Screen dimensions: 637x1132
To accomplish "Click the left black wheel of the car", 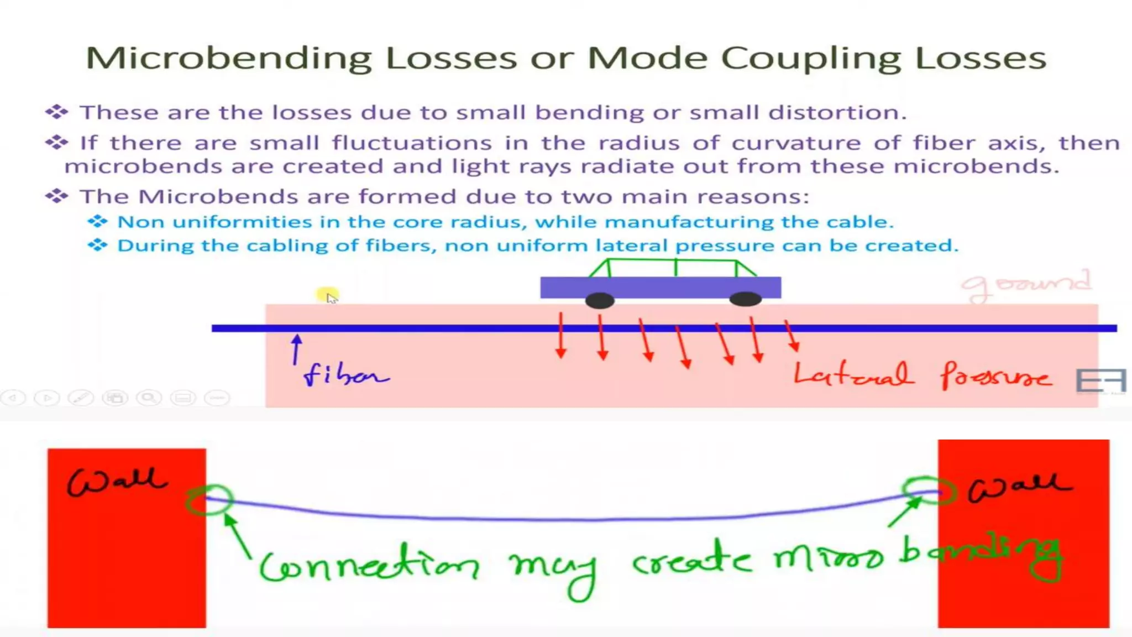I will coord(600,300).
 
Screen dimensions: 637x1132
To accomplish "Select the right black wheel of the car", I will coord(746,299).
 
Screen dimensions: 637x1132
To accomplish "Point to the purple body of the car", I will coord(661,287).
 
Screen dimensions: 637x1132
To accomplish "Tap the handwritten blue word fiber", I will coord(346,374).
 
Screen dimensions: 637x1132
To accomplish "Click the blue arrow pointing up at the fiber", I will coord(297,348).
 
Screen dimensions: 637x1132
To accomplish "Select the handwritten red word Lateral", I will coord(852,374).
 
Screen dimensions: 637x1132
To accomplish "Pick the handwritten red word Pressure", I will coord(995,375).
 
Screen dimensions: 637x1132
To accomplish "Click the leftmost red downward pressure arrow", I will coord(561,335).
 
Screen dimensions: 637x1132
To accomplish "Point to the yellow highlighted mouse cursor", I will coord(328,296).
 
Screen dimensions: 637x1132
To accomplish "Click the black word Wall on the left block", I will coord(116,481).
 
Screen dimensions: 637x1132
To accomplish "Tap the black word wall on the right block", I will coord(1019,487).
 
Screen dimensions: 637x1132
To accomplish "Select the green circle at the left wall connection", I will coord(209,500).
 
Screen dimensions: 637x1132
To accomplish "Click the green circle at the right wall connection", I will coord(929,490).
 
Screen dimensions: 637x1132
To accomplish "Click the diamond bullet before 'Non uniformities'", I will coord(97,222).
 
